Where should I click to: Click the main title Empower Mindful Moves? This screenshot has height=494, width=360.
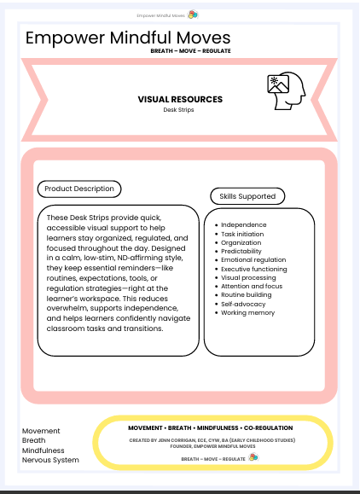click(128, 38)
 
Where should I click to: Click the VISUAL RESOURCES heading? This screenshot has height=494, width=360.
click(180, 100)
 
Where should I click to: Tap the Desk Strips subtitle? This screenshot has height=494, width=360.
click(180, 110)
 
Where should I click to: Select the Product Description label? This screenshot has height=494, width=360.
click(80, 189)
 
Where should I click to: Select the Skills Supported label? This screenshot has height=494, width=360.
click(247, 196)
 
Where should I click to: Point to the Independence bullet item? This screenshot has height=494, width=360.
click(244, 224)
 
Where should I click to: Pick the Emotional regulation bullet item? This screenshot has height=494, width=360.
click(253, 260)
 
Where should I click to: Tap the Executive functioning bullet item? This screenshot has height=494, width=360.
click(255, 269)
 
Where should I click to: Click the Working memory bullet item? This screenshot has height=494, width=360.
click(248, 313)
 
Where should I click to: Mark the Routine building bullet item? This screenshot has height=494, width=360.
click(247, 295)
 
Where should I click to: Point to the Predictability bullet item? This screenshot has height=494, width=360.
click(245, 251)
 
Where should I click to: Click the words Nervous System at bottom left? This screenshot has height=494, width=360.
click(50, 460)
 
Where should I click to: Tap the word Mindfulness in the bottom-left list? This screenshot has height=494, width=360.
click(45, 450)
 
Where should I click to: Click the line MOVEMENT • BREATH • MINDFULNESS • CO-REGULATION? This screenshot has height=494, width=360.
click(211, 427)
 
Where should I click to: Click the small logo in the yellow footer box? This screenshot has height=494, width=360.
click(253, 457)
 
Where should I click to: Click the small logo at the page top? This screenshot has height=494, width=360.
click(194, 15)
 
